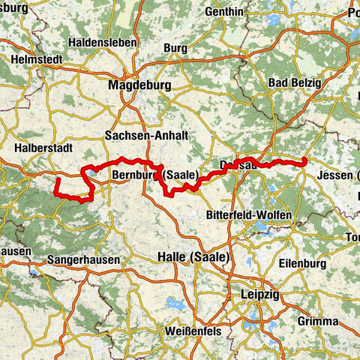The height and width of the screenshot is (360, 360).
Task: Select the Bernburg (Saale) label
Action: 154,175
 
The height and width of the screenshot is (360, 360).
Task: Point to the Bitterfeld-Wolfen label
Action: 248,215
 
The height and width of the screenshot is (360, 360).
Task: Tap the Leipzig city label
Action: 260,295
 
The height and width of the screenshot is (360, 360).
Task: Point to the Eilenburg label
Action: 301,263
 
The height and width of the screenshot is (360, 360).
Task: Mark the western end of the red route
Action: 57,180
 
